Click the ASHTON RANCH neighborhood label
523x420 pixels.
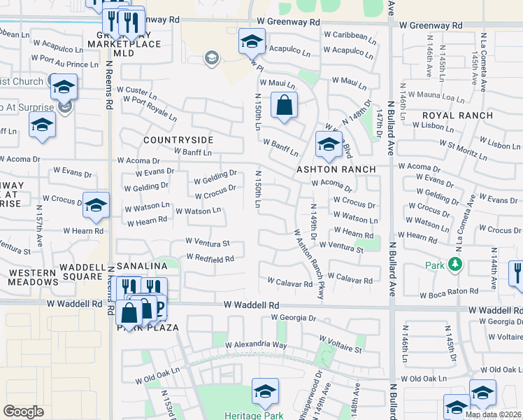click(x=336, y=169)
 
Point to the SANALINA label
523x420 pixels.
click(x=141, y=267)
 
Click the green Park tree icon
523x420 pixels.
click(x=455, y=264)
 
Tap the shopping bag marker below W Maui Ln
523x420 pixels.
click(x=284, y=106)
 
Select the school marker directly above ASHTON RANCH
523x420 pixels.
click(x=328, y=145)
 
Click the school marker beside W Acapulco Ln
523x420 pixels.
click(x=252, y=41)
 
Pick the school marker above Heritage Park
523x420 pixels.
click(x=265, y=391)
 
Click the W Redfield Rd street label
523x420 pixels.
click(x=210, y=258)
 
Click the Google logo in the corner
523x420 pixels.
click(x=23, y=412)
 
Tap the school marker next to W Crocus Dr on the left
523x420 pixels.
click(x=96, y=204)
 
